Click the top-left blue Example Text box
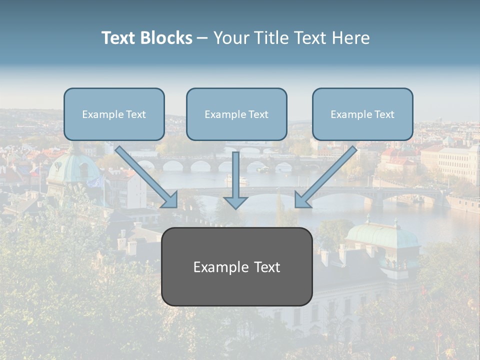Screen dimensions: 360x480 coord(114,114)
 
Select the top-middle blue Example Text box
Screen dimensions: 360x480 coord(236,114)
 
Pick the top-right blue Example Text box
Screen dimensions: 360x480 coord(362,114)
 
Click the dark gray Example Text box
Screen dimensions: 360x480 coord(236,267)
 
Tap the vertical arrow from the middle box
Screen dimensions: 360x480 coord(235,175)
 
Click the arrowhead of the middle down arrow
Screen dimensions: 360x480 coord(235,202)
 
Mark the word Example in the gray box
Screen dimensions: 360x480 coord(216,267)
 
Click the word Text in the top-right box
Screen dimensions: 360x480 coord(384,114)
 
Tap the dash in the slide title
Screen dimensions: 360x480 coord(202,38)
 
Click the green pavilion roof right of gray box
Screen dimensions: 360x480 coord(382,234)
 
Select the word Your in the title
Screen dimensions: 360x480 coord(229,38)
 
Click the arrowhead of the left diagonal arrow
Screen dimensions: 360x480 coord(170,199)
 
